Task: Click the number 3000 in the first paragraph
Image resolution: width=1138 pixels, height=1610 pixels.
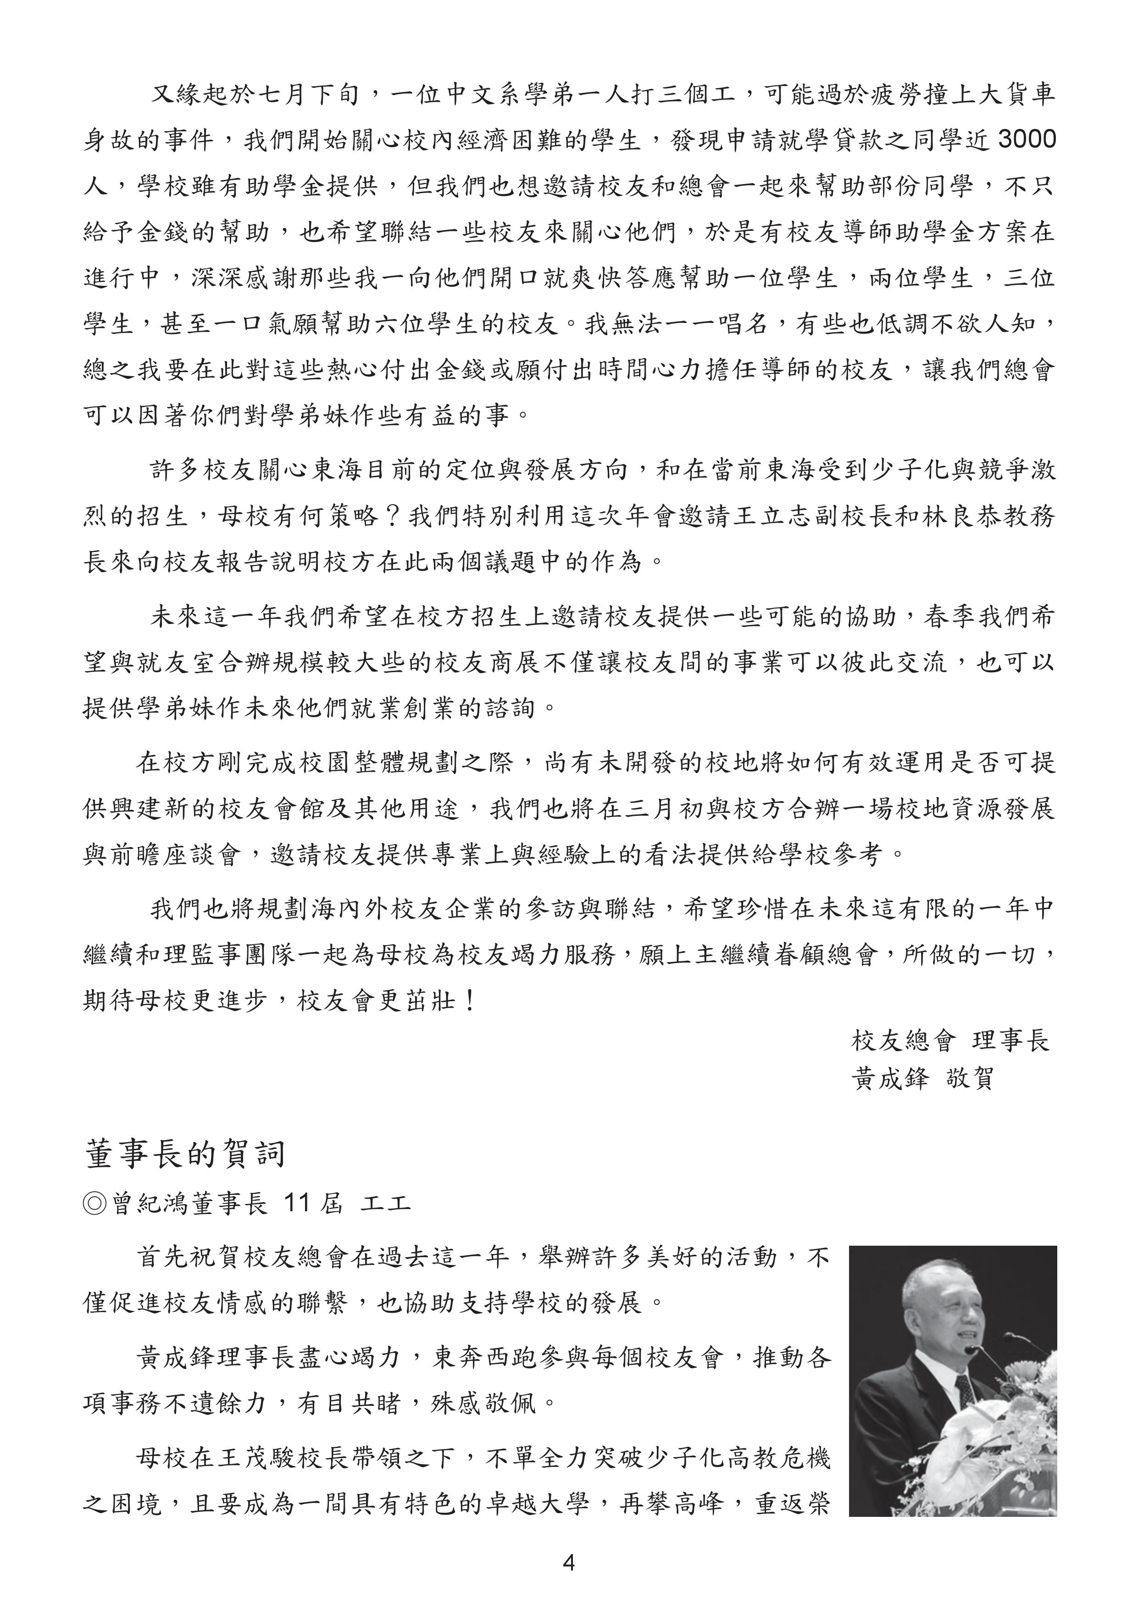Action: coord(1026,140)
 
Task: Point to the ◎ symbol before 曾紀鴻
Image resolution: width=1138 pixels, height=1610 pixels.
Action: coord(94,1204)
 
